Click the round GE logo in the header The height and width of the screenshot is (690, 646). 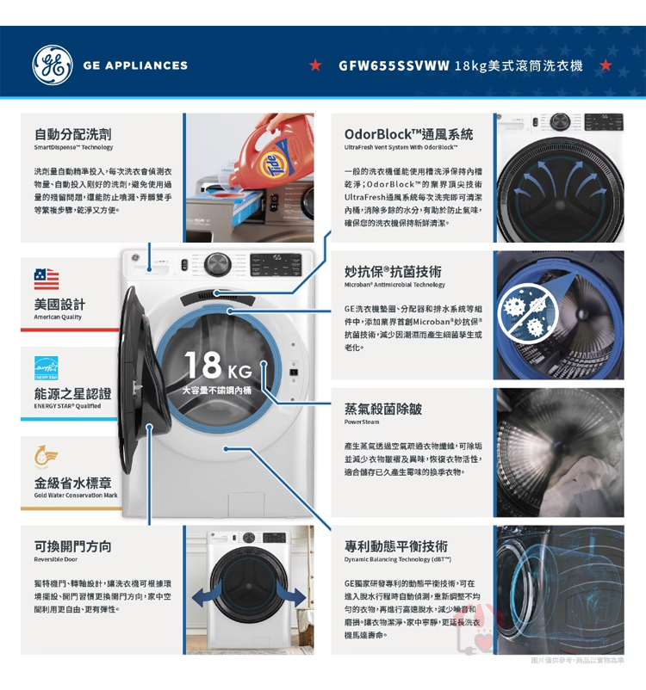pyautogui.click(x=53, y=65)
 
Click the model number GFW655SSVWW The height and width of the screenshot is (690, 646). pyautogui.click(x=394, y=66)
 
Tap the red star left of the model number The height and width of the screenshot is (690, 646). pyautogui.click(x=315, y=65)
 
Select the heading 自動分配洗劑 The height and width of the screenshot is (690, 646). pyautogui.click(x=72, y=134)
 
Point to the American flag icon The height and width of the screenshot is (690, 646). pyautogui.click(x=47, y=279)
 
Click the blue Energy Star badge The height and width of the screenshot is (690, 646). pyautogui.click(x=47, y=368)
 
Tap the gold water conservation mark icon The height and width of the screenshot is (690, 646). pyautogui.click(x=46, y=456)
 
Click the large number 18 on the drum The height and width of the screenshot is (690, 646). pyautogui.click(x=202, y=365)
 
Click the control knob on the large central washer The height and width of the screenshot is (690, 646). pyautogui.click(x=218, y=264)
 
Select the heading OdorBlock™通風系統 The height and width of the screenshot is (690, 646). pyautogui.click(x=408, y=134)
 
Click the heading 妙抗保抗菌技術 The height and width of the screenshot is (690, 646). pyautogui.click(x=393, y=272)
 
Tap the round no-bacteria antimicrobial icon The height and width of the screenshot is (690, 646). pyautogui.click(x=528, y=314)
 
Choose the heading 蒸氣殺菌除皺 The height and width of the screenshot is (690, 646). pyautogui.click(x=383, y=409)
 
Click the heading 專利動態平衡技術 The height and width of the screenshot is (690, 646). pyautogui.click(x=395, y=546)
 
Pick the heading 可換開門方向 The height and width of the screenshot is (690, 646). pyautogui.click(x=72, y=546)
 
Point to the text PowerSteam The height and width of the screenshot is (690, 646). pyautogui.click(x=362, y=422)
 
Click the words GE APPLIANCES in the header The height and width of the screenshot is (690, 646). pyautogui.click(x=135, y=65)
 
